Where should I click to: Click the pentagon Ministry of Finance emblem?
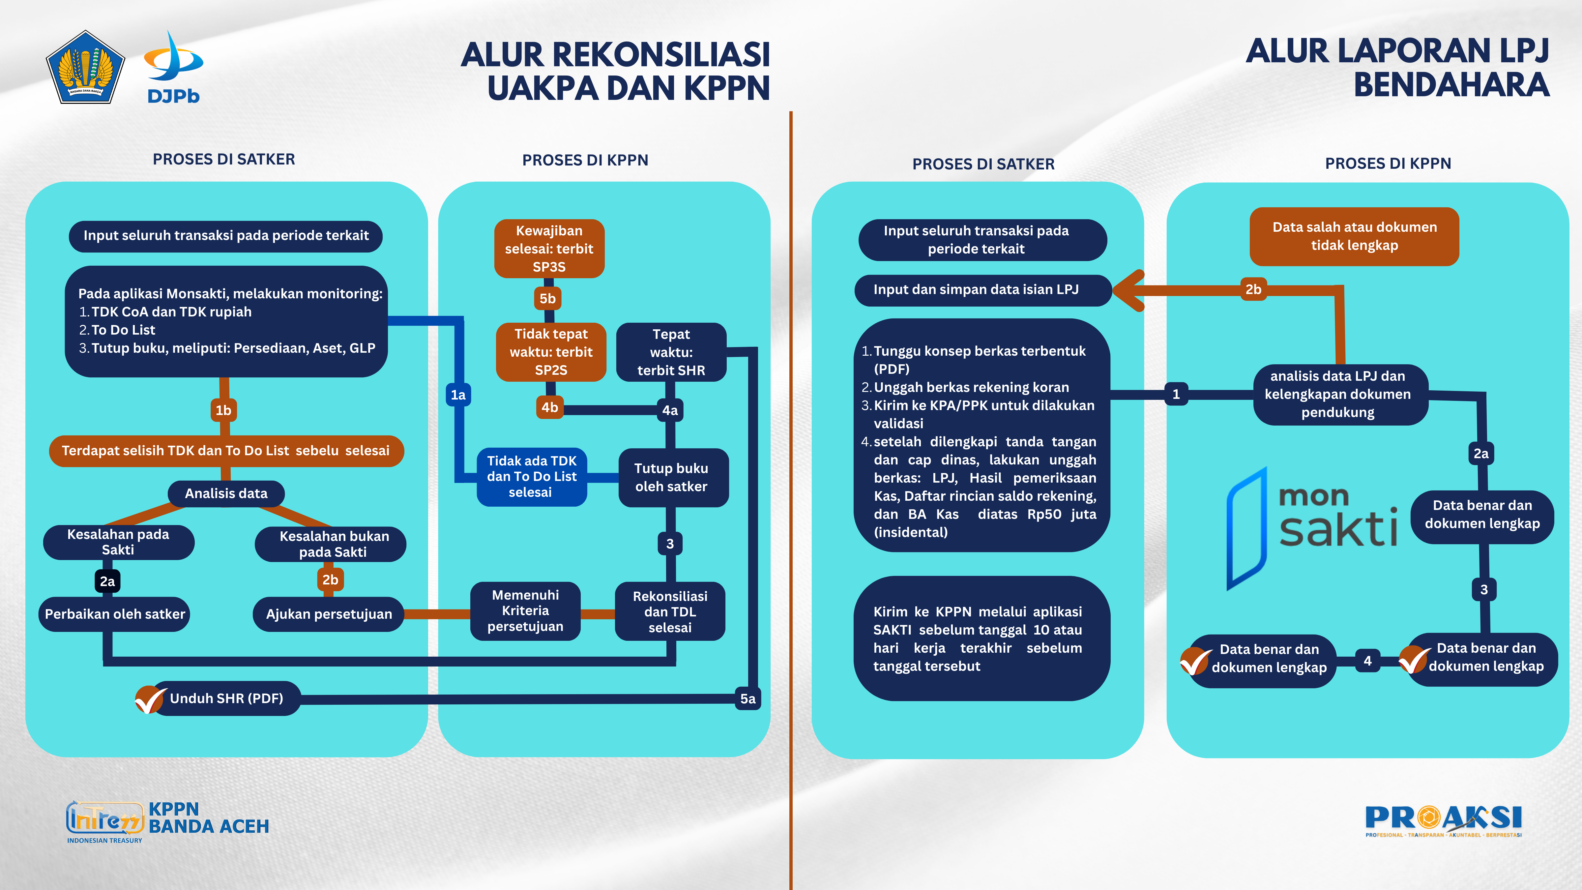point(85,68)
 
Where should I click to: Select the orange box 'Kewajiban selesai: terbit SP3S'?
point(549,249)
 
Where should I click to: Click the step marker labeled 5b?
point(547,299)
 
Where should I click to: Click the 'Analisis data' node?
point(226,493)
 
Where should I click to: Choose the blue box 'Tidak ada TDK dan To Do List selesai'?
point(531,477)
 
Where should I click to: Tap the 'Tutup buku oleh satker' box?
point(671,477)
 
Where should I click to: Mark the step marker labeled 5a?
point(747,698)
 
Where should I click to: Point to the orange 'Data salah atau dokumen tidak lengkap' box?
point(1354,236)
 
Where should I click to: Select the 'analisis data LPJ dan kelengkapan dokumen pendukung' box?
point(1337,394)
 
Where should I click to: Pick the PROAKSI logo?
point(1443,820)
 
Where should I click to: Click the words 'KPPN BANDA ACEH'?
point(209,817)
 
